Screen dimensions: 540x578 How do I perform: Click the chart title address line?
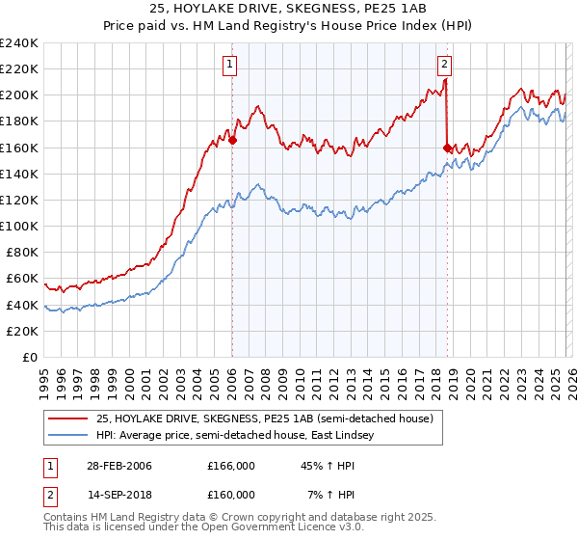point(288,9)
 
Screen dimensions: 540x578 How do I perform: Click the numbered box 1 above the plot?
point(231,66)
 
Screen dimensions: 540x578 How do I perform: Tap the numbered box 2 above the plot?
point(444,66)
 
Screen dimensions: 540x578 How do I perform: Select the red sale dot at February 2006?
point(233,140)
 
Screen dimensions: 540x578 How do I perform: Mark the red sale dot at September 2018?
point(447,148)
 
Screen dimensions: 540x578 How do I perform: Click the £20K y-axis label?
point(22,331)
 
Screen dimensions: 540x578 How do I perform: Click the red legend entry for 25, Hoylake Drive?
point(265,418)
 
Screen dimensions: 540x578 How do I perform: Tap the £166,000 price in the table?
point(231,466)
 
